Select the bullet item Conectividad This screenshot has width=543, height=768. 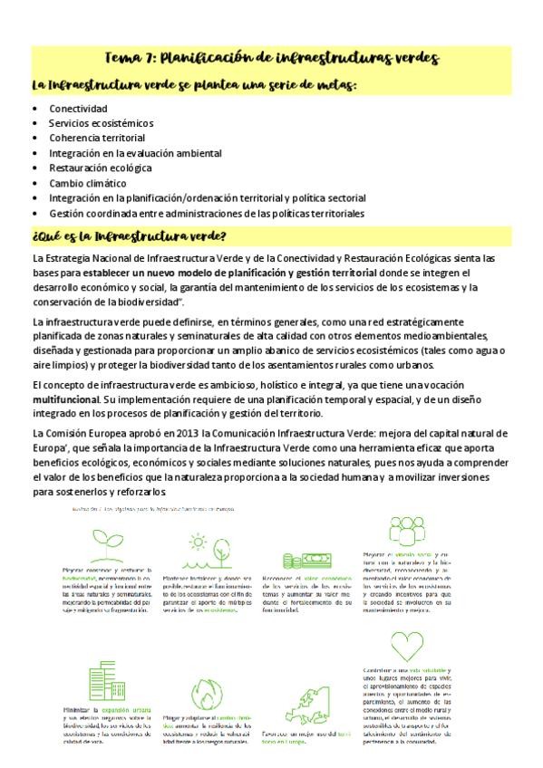78,109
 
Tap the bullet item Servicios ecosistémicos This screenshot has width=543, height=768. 101,123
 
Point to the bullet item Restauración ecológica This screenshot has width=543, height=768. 100,168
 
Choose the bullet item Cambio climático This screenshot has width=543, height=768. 88,182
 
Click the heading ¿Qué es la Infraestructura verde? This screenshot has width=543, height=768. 128,238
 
